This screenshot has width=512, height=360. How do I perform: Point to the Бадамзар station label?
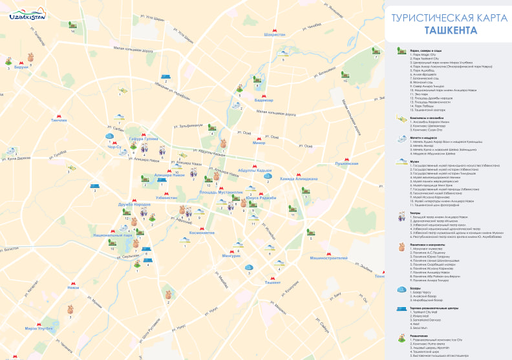(x=264, y=100)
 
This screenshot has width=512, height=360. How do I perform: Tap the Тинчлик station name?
(x=59, y=120)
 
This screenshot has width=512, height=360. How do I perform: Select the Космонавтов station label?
(x=202, y=232)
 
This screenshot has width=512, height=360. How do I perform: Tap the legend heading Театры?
(x=415, y=213)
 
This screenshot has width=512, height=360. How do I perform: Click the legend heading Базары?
(x=416, y=288)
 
